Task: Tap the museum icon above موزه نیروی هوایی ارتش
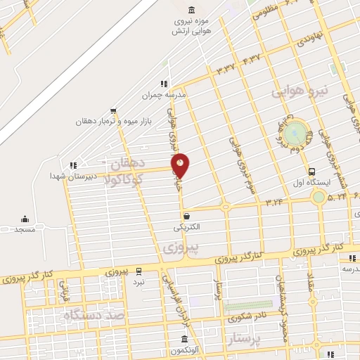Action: pyautogui.click(x=192, y=9)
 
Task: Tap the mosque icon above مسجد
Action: pyautogui.click(x=25, y=219)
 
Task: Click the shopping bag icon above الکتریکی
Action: pyautogui.click(x=186, y=216)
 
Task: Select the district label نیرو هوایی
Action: pyautogui.click(x=300, y=91)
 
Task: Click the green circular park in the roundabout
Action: pyautogui.click(x=297, y=131)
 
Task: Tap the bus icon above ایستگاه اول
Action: pyautogui.click(x=311, y=172)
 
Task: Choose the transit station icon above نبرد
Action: pyautogui.click(x=139, y=270)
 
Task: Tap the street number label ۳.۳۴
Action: pyautogui.click(x=274, y=201)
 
